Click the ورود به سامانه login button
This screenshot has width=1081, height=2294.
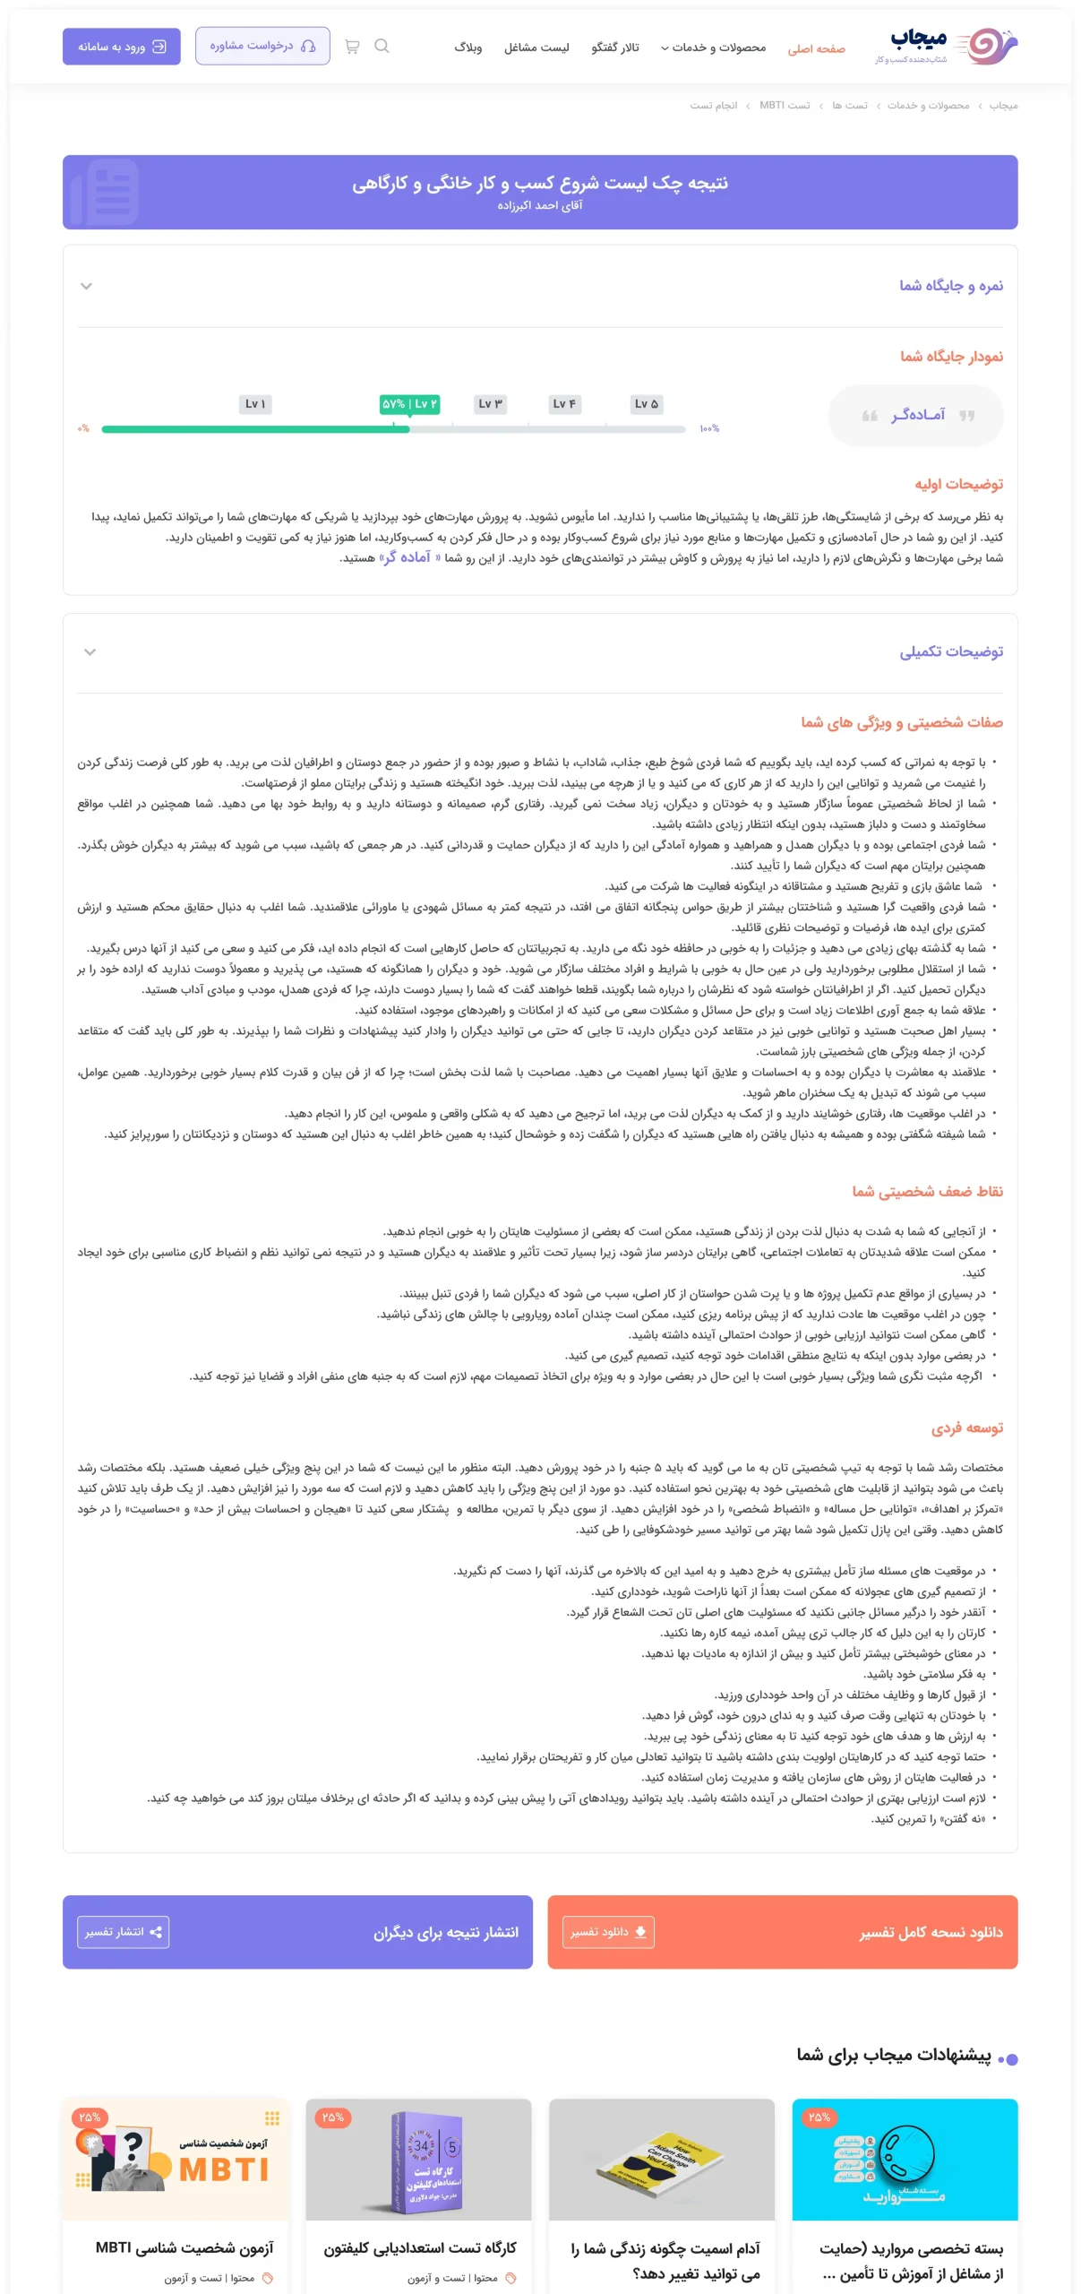pos(121,47)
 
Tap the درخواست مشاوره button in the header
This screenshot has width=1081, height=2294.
pos(262,46)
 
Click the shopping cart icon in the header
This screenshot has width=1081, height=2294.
pos(352,47)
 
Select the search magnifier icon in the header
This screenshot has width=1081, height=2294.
pos(382,47)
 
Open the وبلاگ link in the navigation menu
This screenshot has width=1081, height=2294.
pos(468,47)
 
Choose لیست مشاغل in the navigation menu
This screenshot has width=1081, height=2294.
pos(536,47)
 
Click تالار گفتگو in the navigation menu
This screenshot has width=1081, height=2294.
pos(614,47)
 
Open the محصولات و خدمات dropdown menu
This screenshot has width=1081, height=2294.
pos(713,47)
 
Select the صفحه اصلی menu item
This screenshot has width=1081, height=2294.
pos(816,48)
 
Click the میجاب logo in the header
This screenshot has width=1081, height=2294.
pos(946,45)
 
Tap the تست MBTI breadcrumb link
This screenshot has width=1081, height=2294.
pos(785,106)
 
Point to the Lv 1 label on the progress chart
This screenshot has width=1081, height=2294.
pos(255,404)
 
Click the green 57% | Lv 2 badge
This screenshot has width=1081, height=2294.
pos(409,404)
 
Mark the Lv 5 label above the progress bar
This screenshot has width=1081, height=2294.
pos(646,404)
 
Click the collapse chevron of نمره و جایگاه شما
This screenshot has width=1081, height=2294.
pos(87,287)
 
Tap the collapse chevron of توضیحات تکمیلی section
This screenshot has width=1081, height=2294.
pos(90,652)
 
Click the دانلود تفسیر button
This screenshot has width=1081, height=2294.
pos(608,1932)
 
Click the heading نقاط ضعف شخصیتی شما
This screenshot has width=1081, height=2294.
pos(927,1191)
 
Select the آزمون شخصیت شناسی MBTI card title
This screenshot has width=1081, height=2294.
pos(184,2247)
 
